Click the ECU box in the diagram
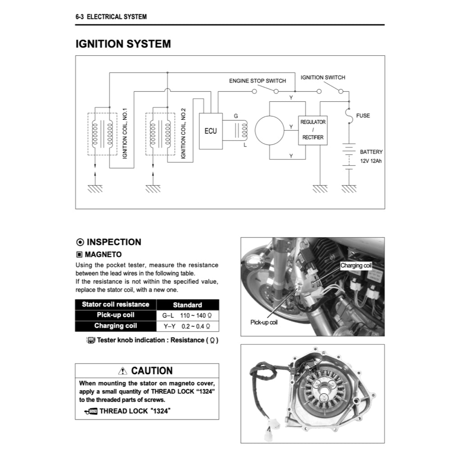pyautogui.click(x=210, y=131)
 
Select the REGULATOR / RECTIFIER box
pyautogui.click(x=313, y=130)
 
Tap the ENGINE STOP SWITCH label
pyautogui.click(x=258, y=81)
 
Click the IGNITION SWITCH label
pyautogui.click(x=323, y=77)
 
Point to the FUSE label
pyautogui.click(x=363, y=116)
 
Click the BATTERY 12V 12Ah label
pyautogui.click(x=371, y=157)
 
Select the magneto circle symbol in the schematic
pyautogui.click(x=269, y=131)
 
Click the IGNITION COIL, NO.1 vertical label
pyautogui.click(x=125, y=133)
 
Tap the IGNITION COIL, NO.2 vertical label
pyautogui.click(x=183, y=133)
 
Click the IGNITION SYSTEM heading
pyautogui.click(x=123, y=44)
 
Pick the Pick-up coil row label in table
pyautogui.click(x=115, y=315)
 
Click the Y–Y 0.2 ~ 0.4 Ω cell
pyautogui.click(x=187, y=326)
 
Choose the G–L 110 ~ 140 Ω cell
pyautogui.click(x=187, y=316)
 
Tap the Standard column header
pyautogui.click(x=187, y=305)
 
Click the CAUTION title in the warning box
pyautogui.click(x=152, y=371)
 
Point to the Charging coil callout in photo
pyautogui.click(x=356, y=266)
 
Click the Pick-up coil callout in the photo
pyautogui.click(x=264, y=322)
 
